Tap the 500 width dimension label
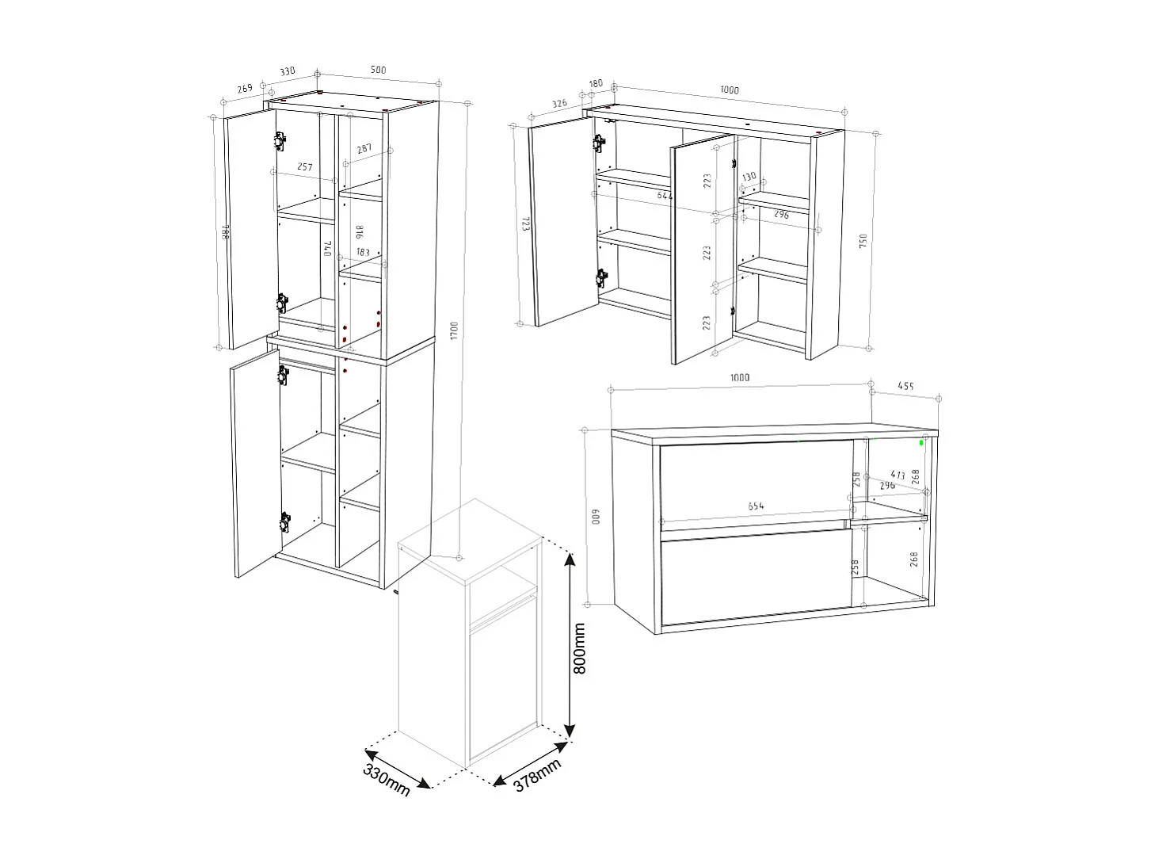(x=378, y=71)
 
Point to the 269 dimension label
(x=245, y=88)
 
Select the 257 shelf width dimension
(x=304, y=167)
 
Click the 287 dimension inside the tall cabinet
(x=364, y=149)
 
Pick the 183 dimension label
(x=363, y=253)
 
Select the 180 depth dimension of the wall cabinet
(x=596, y=83)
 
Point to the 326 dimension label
(x=559, y=104)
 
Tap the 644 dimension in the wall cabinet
(x=665, y=195)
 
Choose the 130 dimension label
(x=749, y=176)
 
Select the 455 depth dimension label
(x=905, y=387)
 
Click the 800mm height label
(x=580, y=647)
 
